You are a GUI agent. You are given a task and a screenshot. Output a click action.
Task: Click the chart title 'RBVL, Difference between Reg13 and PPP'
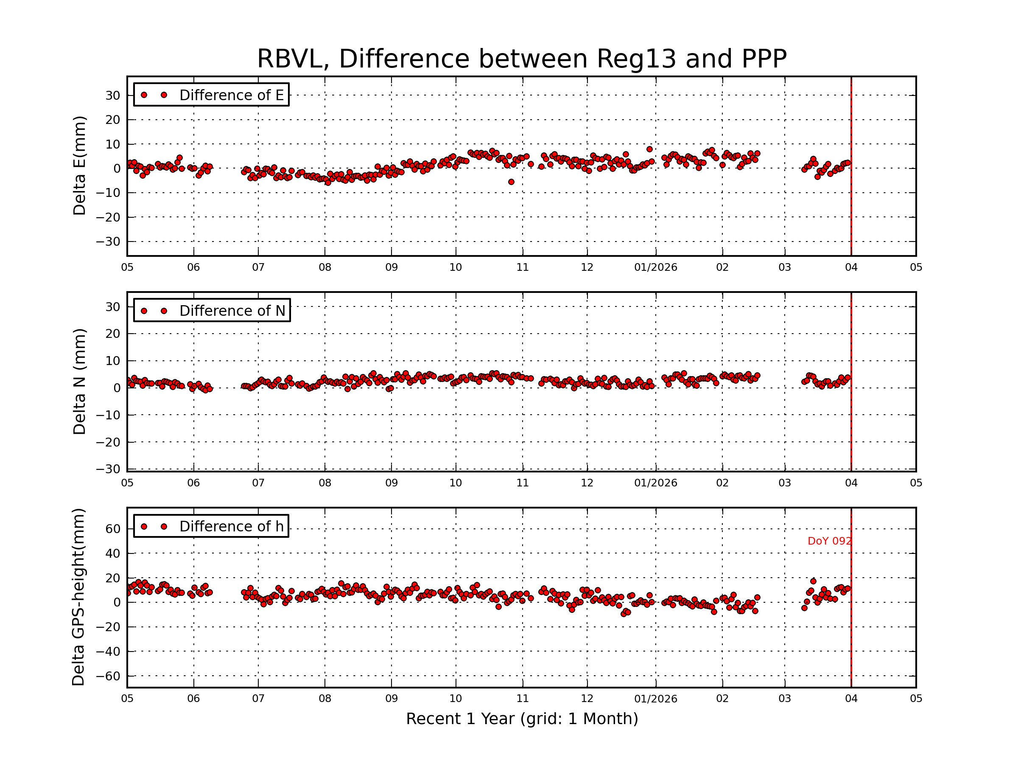coord(521,59)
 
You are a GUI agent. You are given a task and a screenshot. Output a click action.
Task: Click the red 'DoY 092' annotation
coord(829,541)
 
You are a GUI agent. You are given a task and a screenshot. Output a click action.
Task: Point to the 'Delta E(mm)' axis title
coord(79,166)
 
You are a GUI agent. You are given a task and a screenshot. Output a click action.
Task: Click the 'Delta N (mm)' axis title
coord(79,381)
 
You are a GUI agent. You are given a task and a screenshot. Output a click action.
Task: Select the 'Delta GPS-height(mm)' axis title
coord(78,597)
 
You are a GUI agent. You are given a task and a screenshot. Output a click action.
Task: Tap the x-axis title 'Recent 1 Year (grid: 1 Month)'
coord(521,719)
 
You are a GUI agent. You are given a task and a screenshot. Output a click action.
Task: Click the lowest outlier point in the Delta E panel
coord(511,183)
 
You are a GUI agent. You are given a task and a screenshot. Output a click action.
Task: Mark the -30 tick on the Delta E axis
coord(108,242)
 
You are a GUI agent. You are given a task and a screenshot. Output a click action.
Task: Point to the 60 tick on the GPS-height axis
coord(113,529)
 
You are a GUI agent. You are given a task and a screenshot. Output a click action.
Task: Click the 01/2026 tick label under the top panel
coord(655,267)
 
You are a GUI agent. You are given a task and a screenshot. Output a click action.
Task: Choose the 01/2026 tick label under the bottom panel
coord(655,699)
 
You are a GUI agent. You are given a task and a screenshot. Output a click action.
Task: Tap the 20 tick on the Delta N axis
coord(113,334)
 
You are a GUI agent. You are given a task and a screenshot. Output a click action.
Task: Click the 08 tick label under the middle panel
coord(325,483)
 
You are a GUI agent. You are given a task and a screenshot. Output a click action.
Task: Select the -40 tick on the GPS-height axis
coord(108,652)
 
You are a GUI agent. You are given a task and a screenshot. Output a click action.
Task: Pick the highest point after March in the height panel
coord(813,581)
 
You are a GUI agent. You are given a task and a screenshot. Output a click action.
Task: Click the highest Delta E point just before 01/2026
coord(649,149)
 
